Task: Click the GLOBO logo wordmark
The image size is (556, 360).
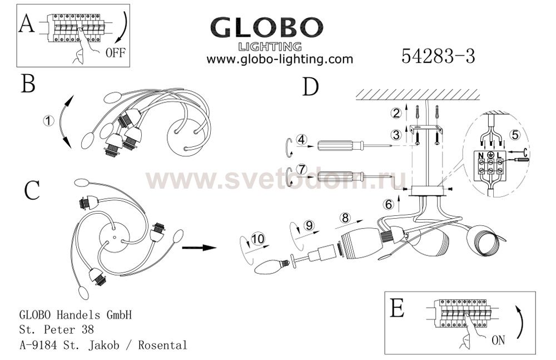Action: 267,27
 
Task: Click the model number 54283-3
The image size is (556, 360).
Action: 438,56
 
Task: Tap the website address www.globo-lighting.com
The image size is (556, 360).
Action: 280,59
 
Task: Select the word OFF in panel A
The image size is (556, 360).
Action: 116,53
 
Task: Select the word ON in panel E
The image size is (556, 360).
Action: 498,340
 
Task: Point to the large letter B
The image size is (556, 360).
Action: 28,84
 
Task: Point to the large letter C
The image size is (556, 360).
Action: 32,190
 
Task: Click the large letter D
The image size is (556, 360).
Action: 311,87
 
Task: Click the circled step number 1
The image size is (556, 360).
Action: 48,121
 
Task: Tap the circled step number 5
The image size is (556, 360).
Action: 515,135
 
